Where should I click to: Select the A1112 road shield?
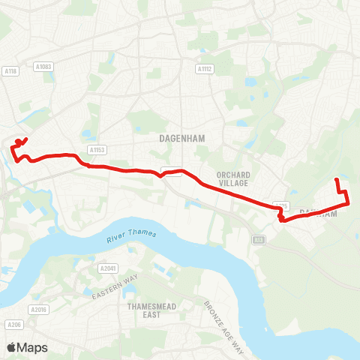[205, 69]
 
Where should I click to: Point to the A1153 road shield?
[95, 150]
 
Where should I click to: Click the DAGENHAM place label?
[178, 138]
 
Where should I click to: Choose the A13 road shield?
[259, 239]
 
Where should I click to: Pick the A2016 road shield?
[38, 309]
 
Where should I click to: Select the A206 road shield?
[12, 325]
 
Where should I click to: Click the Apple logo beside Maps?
[11, 347]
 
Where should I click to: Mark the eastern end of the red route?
[336, 180]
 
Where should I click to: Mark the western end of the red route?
[26, 139]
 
